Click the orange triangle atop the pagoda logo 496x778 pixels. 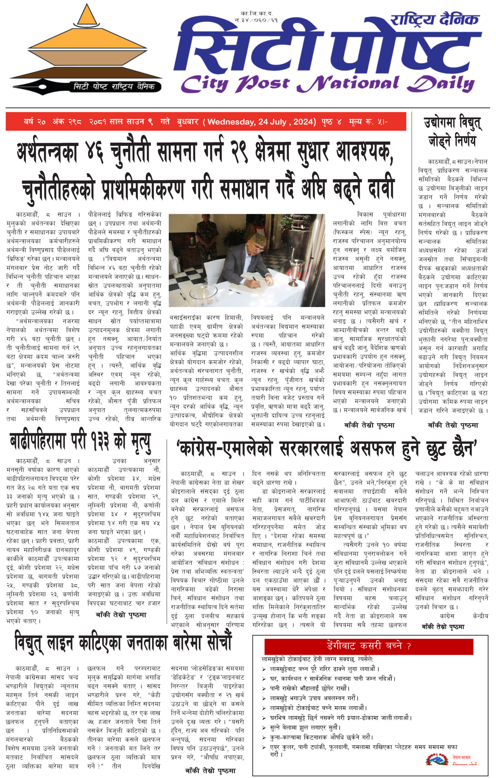coord(87,16)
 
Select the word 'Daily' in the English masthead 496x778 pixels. coord(441,83)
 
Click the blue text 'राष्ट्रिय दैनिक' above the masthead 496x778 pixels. coord(434,20)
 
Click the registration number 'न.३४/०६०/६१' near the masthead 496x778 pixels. coord(256,20)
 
